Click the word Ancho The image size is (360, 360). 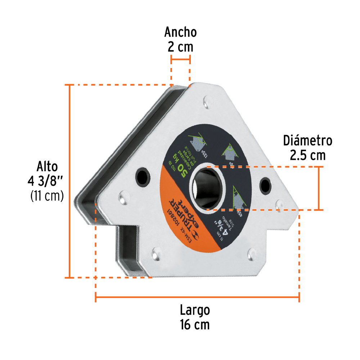(180, 32)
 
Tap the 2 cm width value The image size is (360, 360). (180, 47)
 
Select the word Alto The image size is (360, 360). (47, 167)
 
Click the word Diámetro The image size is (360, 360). (307, 140)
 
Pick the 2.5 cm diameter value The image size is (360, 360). (307, 155)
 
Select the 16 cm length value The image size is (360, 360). (195, 325)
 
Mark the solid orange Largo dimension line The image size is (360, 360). (197, 297)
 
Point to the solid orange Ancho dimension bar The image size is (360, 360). (180, 58)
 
